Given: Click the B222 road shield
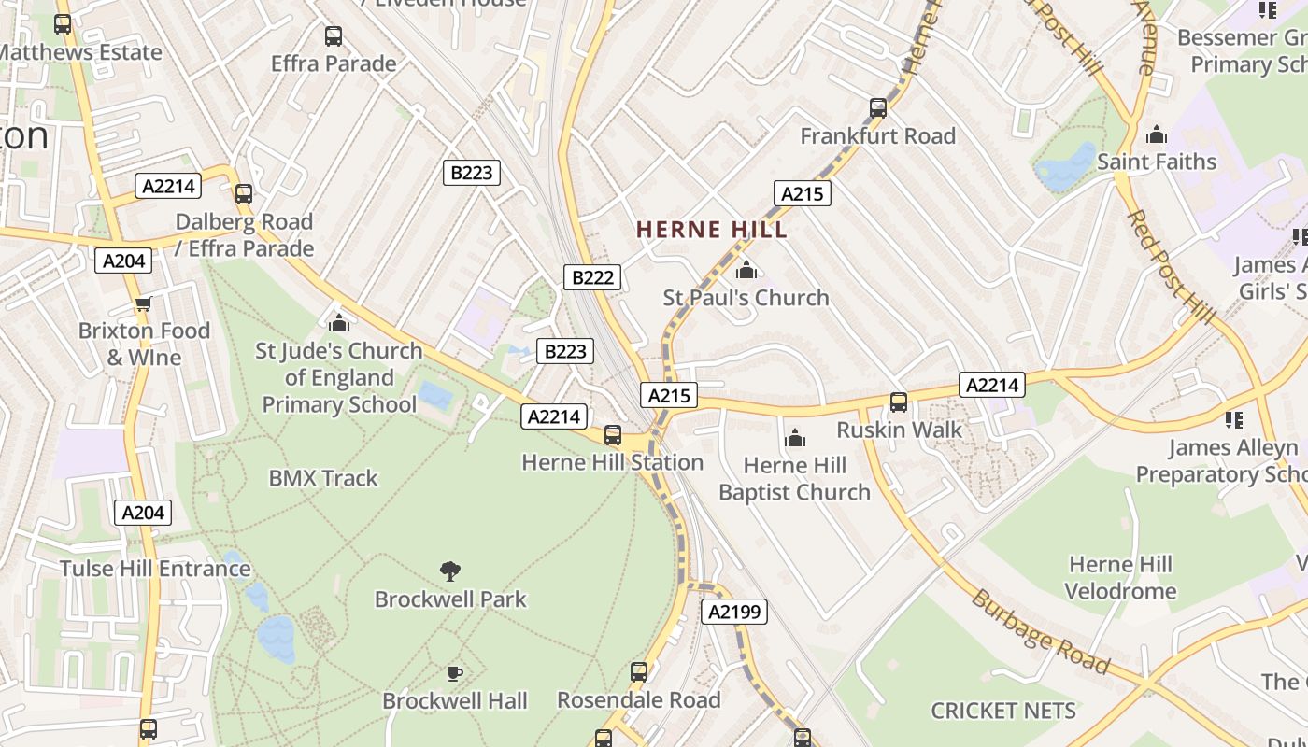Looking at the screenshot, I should pos(592,277).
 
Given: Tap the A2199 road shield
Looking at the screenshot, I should pos(734,612).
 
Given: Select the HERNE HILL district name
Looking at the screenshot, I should pos(712,230).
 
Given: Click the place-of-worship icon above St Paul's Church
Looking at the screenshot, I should pos(746,271).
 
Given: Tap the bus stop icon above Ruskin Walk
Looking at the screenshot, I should pos(898,402).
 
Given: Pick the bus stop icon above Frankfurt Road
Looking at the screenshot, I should pos(877,108).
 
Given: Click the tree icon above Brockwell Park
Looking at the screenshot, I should pos(450,571).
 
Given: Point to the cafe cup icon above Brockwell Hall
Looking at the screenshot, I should pos(455,673).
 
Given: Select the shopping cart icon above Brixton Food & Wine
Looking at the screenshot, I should pos(143,303).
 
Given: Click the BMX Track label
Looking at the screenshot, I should pos(323,478).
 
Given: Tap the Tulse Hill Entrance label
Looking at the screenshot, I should pos(155,569).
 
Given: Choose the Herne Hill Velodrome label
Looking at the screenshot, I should pos(1120,577).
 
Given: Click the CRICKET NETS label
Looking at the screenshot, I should pos(1003,711).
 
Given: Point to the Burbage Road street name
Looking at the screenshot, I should pos(1040,632).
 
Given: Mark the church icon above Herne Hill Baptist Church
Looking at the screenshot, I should pos(794,438).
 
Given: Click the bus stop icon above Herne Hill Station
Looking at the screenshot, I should pos(612,435).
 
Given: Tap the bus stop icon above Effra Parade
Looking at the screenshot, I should pos(334,36).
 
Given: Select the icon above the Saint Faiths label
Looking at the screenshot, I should pos(1157,134).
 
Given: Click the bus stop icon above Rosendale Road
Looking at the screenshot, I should pos(639,672).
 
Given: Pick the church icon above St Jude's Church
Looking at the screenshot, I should pos(339,323).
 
